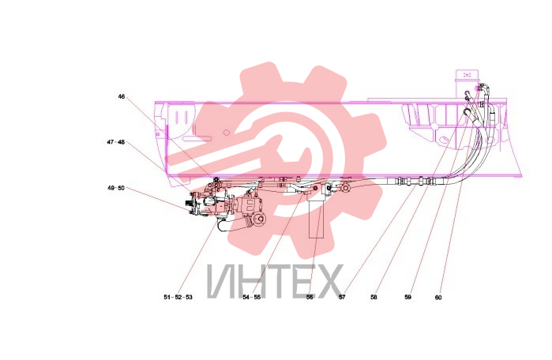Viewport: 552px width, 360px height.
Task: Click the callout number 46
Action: [122, 96]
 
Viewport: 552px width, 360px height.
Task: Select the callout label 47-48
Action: [116, 142]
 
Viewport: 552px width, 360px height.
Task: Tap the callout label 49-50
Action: [116, 188]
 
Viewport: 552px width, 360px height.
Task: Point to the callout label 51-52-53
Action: [178, 297]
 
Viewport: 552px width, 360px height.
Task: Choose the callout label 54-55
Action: [252, 297]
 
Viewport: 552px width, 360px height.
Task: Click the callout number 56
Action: [310, 297]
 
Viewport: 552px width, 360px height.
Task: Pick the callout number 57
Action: [342, 297]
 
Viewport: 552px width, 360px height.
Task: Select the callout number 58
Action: [374, 297]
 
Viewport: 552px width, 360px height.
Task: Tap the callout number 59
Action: [408, 297]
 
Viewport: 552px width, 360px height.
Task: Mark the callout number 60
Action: [438, 298]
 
